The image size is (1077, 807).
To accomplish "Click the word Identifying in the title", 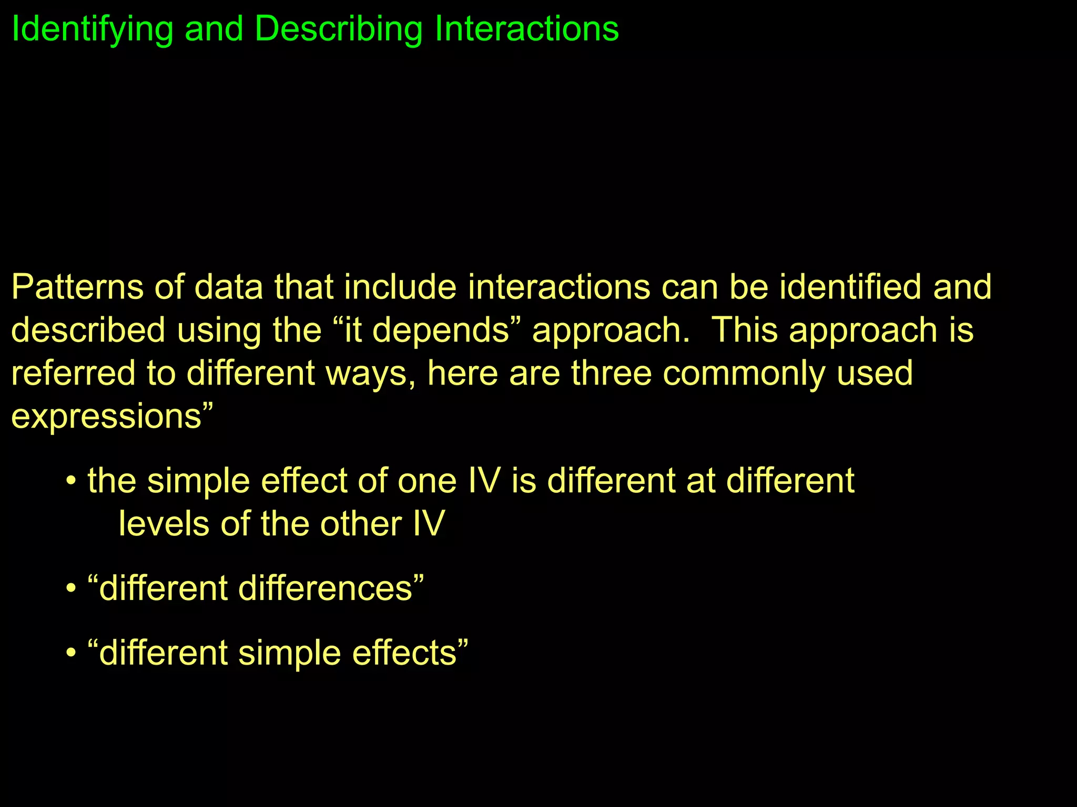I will (92, 29).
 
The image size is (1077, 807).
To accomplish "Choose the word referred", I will (73, 374).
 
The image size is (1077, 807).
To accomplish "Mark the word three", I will (611, 374).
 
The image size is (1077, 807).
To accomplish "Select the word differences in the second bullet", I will (326, 588).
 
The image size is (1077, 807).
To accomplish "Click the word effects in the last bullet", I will (404, 653).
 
